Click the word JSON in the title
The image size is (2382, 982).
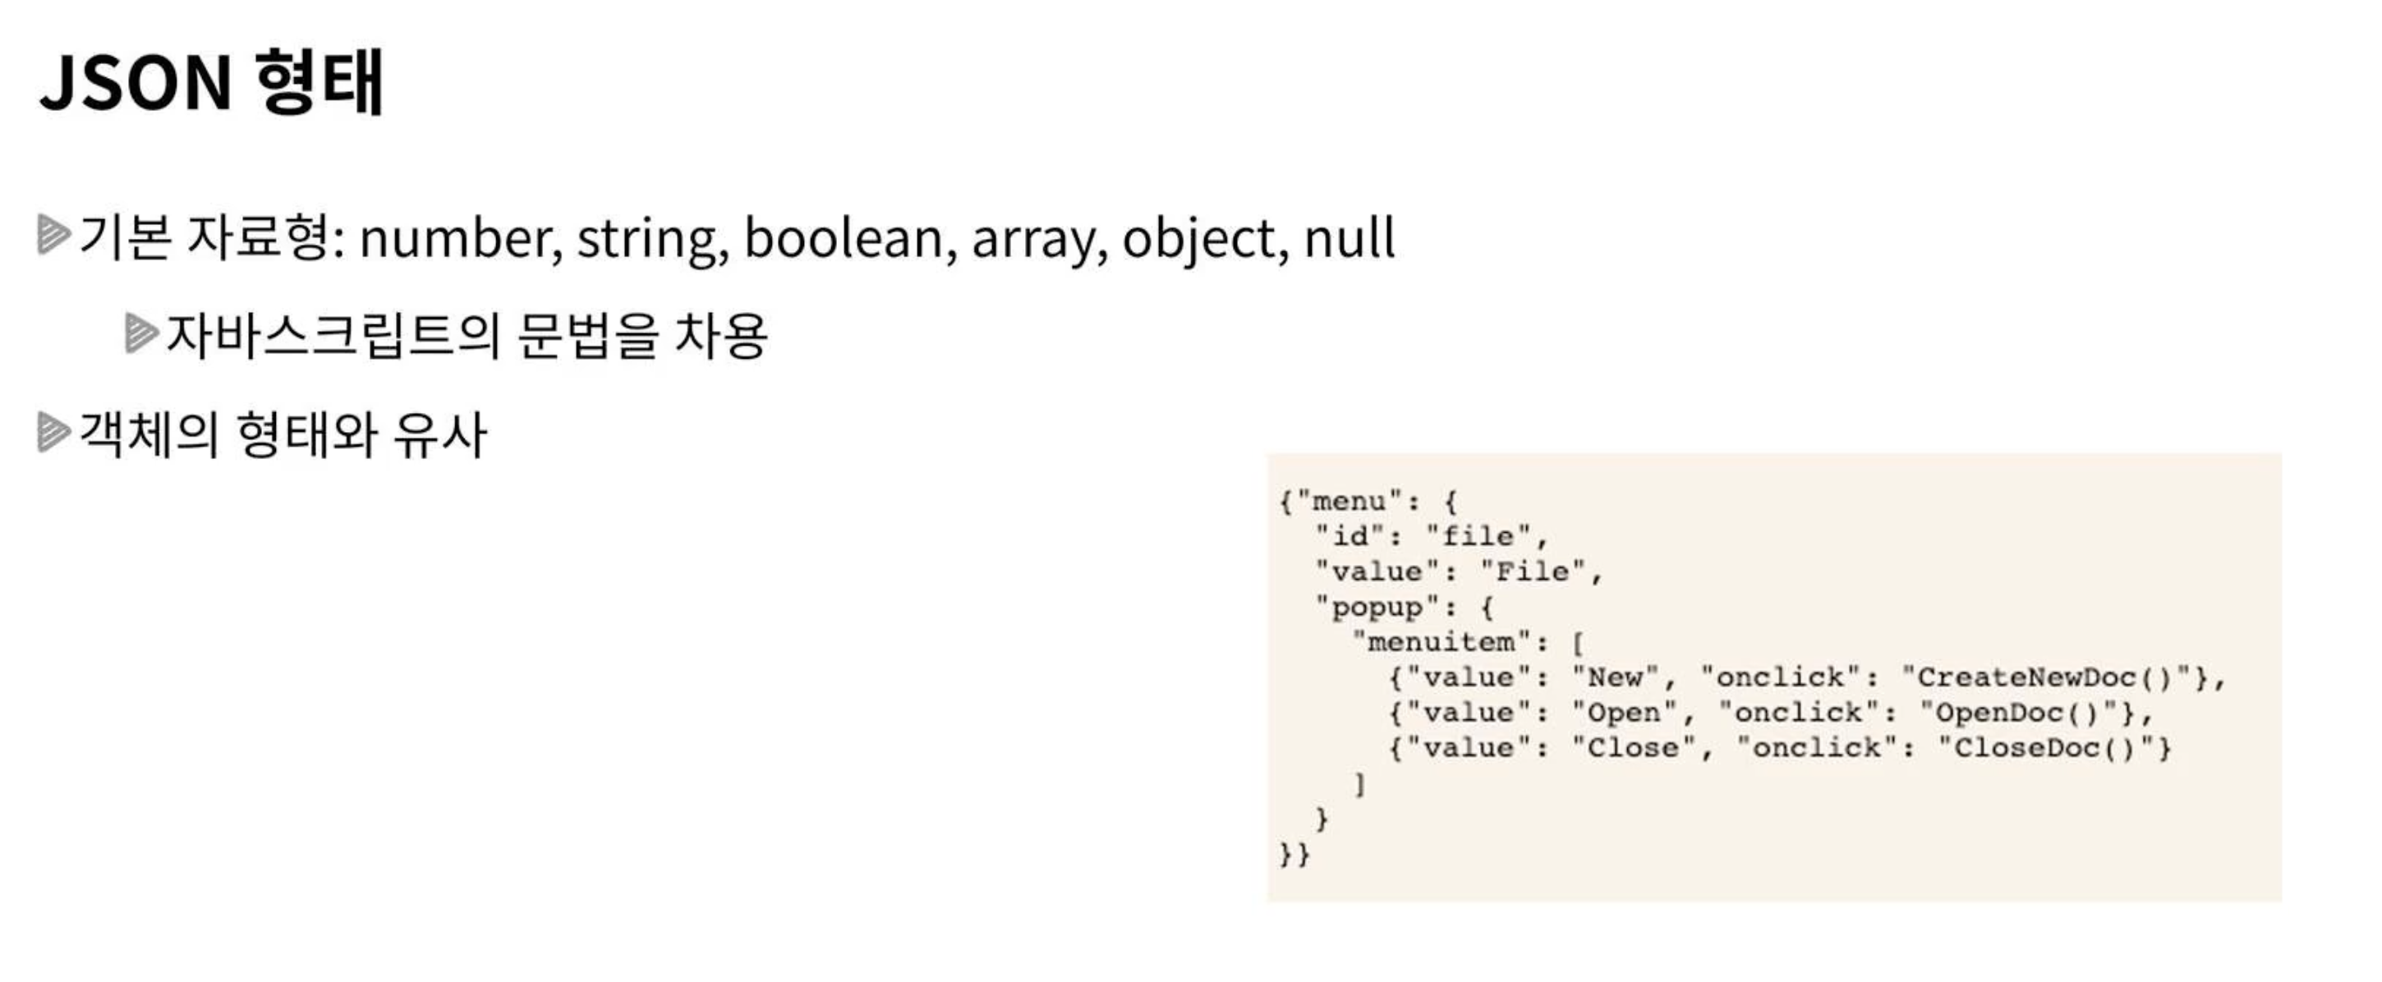coord(135,83)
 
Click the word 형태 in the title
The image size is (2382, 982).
coord(319,83)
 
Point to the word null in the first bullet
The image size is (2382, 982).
coord(1350,239)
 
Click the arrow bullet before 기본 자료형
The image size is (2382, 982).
coord(53,234)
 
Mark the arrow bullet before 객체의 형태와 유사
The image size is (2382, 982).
coord(53,432)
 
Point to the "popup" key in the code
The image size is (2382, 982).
coord(1377,608)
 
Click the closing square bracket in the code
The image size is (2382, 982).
coord(1359,784)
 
